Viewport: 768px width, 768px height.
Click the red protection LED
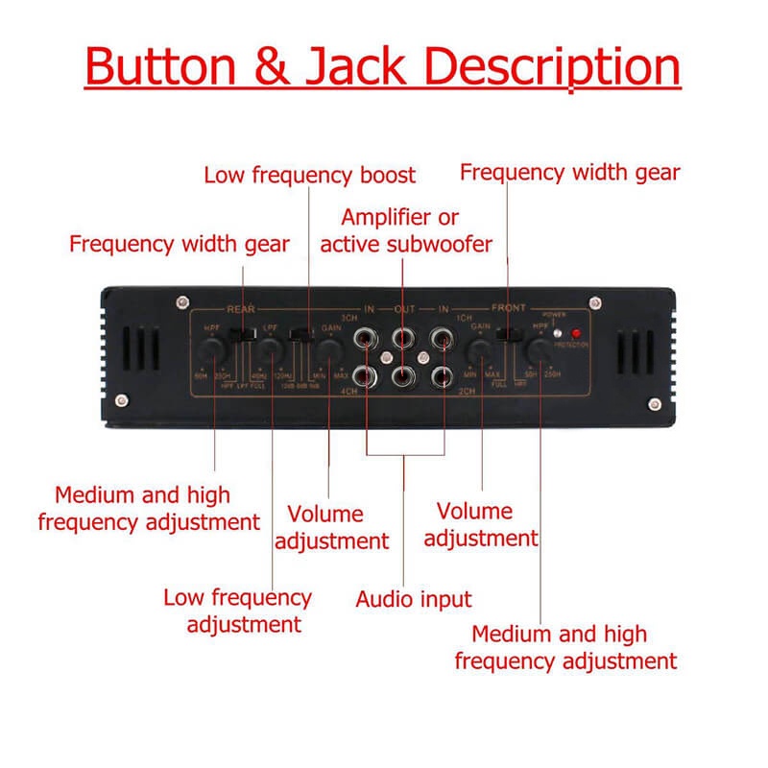tap(576, 335)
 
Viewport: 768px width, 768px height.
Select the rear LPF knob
tap(273, 354)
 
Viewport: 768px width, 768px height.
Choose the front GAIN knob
tap(477, 354)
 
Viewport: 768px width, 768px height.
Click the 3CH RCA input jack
tap(367, 338)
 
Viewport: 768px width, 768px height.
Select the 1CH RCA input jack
tap(442, 338)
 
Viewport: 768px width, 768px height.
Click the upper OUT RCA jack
tap(404, 338)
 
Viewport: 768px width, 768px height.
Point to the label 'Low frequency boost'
tap(309, 175)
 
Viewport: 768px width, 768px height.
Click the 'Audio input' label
tap(414, 600)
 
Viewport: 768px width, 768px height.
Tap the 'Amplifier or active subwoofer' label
tap(406, 230)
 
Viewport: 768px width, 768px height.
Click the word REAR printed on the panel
tap(238, 309)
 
